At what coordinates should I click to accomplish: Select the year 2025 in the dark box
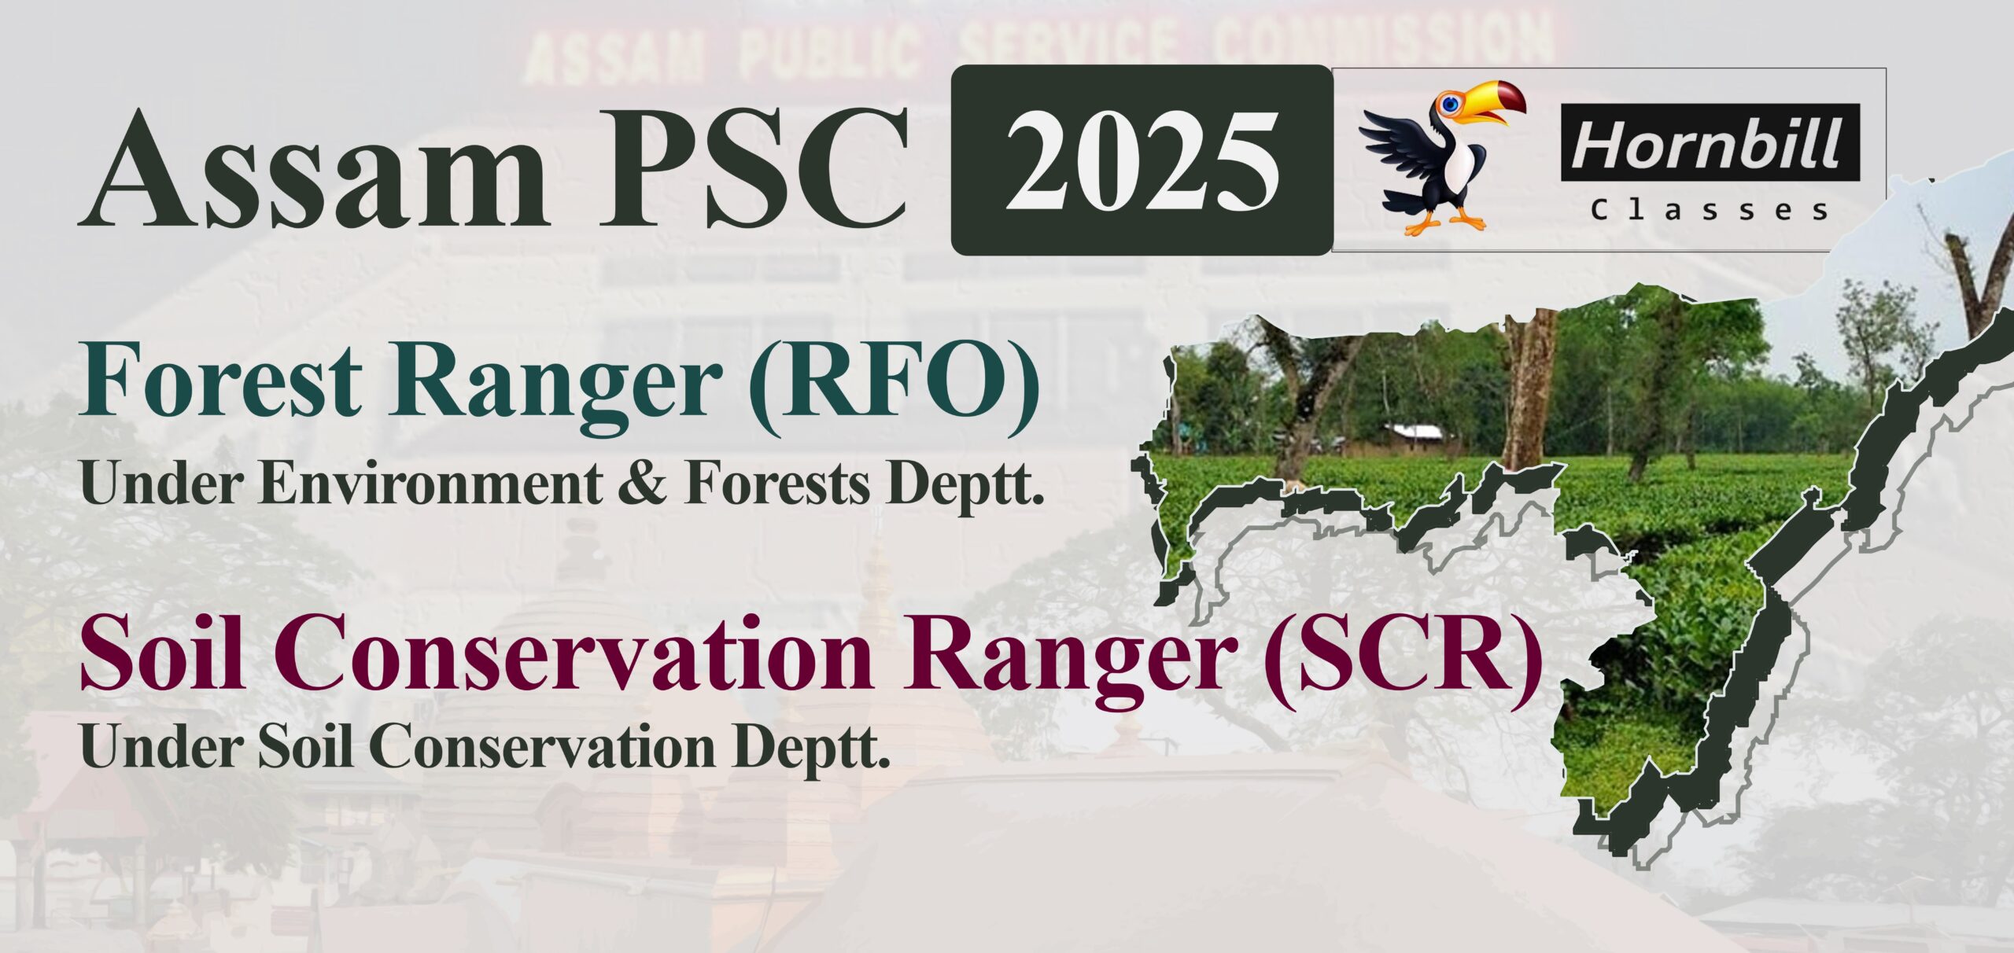tap(1142, 160)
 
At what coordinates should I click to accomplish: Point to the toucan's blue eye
tap(1451, 103)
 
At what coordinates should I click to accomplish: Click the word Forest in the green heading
tap(220, 382)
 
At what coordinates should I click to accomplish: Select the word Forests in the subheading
tap(778, 484)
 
